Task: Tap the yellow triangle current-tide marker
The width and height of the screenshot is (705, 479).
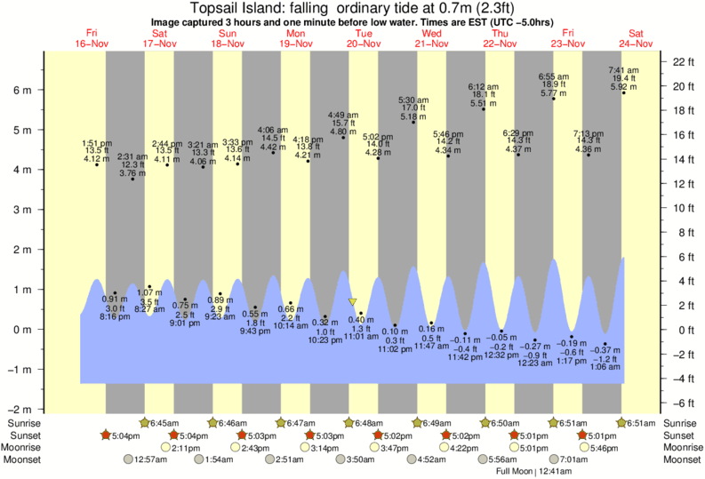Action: (x=353, y=302)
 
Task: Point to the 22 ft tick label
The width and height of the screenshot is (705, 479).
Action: (x=682, y=61)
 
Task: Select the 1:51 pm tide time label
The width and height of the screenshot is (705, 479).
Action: (x=96, y=144)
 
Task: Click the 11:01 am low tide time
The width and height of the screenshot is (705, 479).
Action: (x=362, y=337)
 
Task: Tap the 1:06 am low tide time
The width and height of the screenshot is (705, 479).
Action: (x=605, y=367)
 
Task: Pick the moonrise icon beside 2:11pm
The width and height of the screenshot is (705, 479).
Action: (x=165, y=447)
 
